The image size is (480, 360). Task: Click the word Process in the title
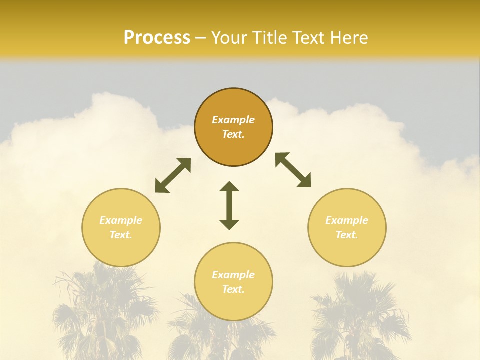click(x=157, y=38)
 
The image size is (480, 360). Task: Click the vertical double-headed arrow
click(x=229, y=205)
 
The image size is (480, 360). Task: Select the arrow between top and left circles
click(x=173, y=175)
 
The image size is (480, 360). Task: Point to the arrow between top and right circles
click(x=293, y=170)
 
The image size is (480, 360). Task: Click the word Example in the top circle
click(x=233, y=120)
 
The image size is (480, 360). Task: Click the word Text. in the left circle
click(x=121, y=235)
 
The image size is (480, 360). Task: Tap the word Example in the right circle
click(x=347, y=220)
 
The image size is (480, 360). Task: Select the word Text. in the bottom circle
click(x=233, y=289)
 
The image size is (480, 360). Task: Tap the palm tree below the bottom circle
click(x=220, y=335)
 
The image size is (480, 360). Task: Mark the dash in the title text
click(x=201, y=38)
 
